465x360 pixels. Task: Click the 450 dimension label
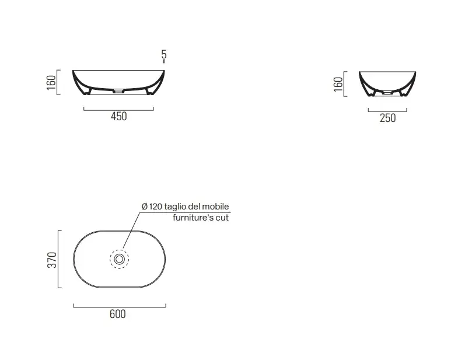119,116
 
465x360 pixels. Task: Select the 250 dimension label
387,118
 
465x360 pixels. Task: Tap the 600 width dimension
118,314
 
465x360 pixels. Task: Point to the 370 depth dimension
52,260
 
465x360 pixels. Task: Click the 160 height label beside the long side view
51,83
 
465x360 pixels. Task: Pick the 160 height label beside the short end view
338,84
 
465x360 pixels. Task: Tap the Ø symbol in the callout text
145,207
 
